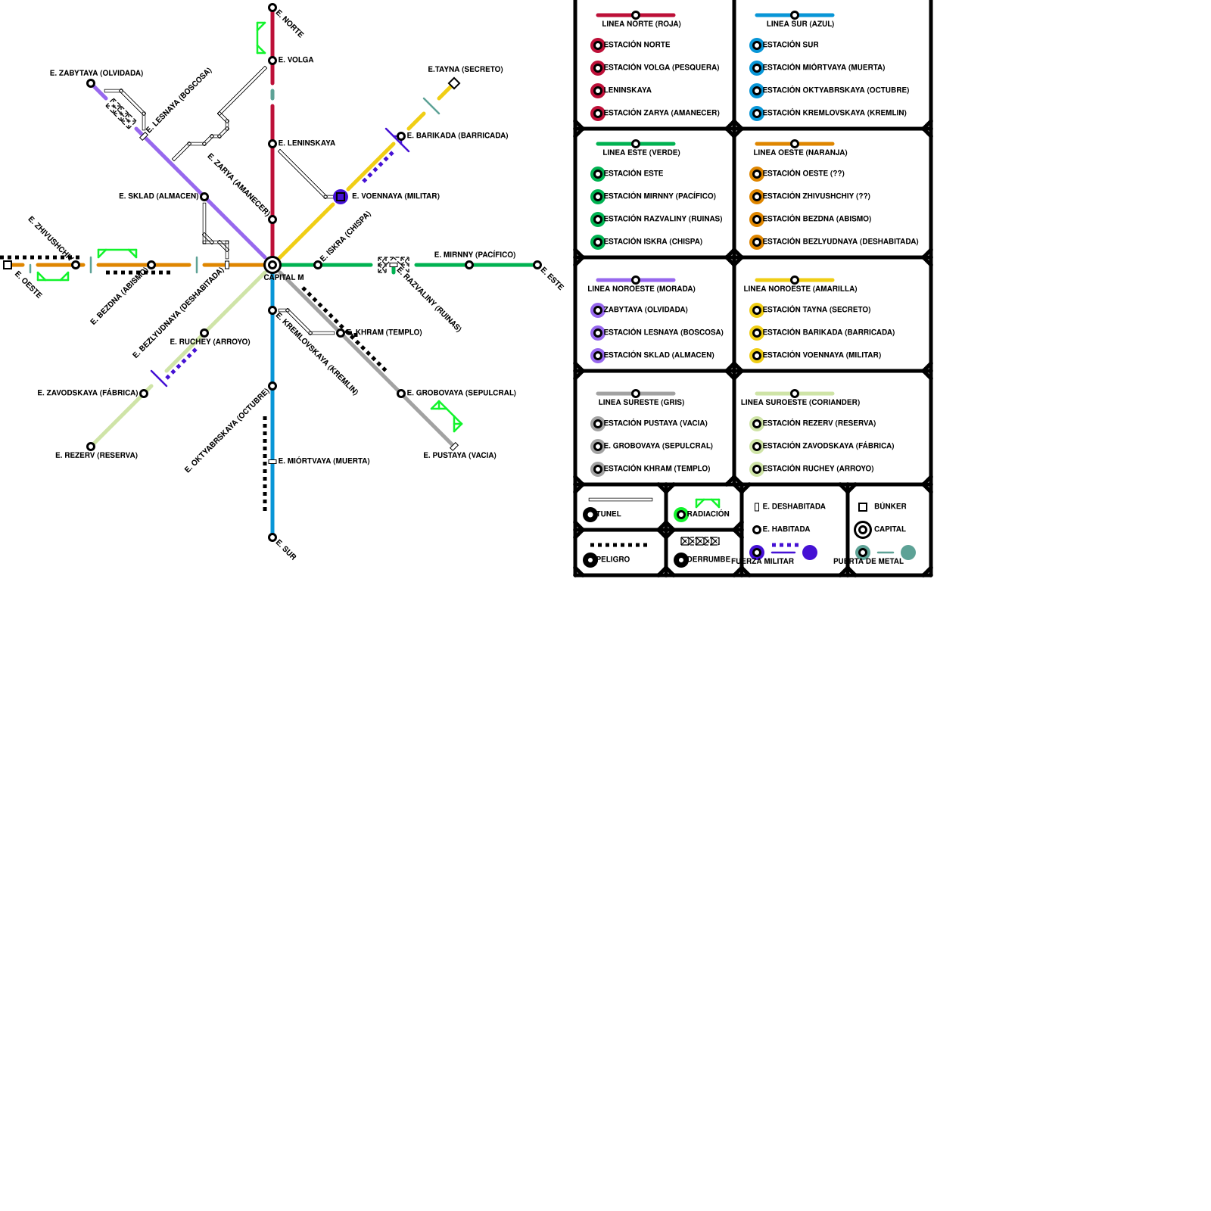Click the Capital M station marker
pos(272,265)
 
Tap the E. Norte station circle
pos(272,8)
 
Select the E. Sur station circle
pos(272,537)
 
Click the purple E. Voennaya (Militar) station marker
pos(341,197)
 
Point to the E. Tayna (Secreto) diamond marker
pos(454,83)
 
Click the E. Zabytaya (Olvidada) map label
pos(96,73)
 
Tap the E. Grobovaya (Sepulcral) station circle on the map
pos(401,394)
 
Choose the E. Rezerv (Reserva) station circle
pos(91,447)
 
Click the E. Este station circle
pos(537,265)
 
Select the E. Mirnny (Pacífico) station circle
pos(469,265)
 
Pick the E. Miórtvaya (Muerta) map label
pos(324,462)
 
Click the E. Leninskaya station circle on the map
pos(272,144)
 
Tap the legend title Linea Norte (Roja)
pos(641,24)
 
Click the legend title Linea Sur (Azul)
pos(800,24)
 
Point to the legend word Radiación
pos(708,515)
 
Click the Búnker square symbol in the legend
pos(863,507)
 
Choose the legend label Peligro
pos(613,560)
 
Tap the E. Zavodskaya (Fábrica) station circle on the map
pos(144,394)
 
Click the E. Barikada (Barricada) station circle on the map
pos(401,136)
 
